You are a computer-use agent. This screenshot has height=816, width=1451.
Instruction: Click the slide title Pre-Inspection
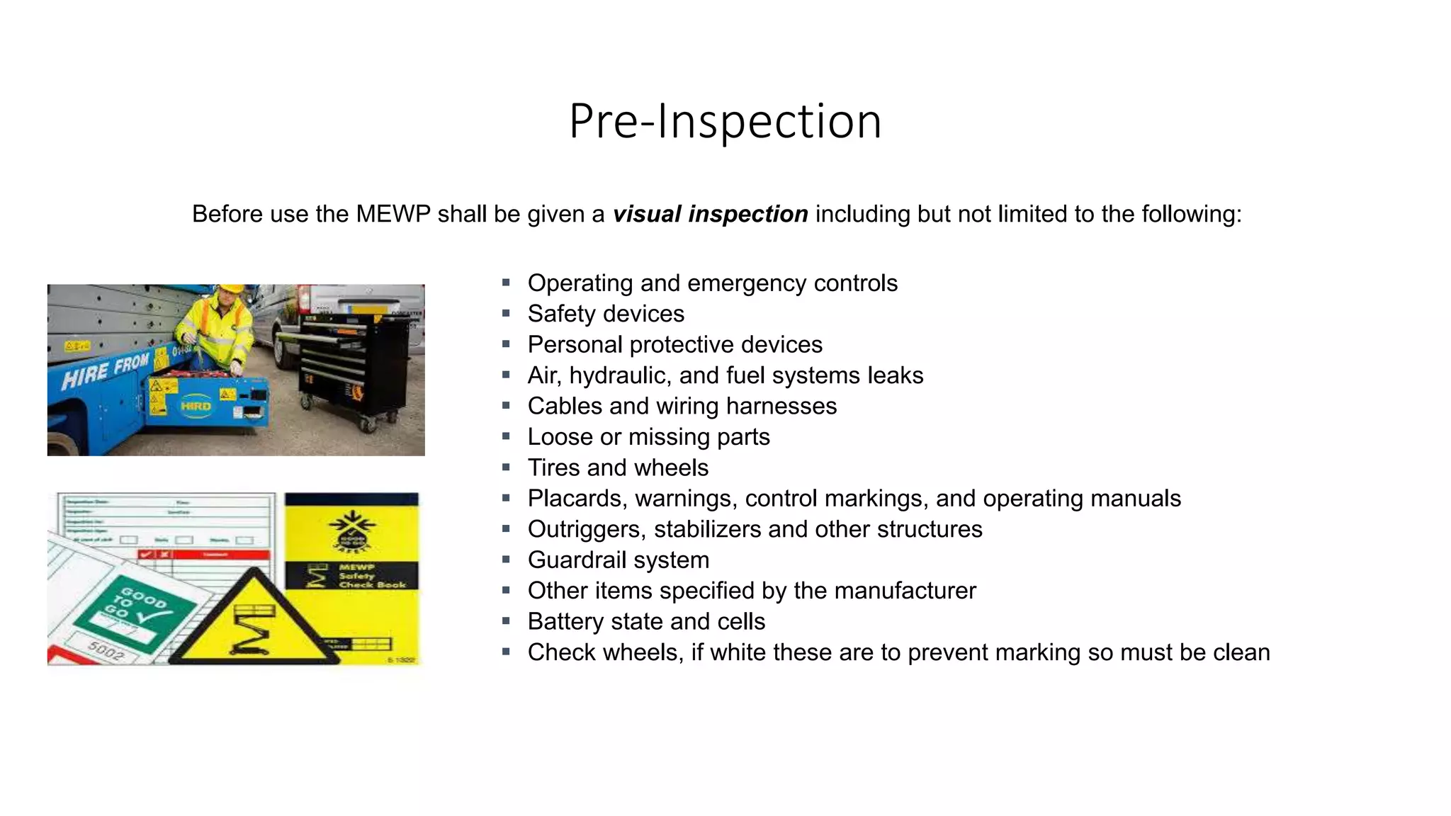pyautogui.click(x=725, y=121)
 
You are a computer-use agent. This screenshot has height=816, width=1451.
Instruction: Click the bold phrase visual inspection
pyautogui.click(x=710, y=214)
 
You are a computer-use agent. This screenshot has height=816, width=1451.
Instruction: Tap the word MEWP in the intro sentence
pyautogui.click(x=393, y=214)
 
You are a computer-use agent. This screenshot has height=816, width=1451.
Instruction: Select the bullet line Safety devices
pyautogui.click(x=606, y=314)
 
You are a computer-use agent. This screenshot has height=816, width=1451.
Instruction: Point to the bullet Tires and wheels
pyautogui.click(x=618, y=467)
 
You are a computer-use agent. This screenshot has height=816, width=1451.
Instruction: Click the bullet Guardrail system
pyautogui.click(x=618, y=560)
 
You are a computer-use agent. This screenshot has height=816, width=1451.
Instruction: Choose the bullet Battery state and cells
pyautogui.click(x=646, y=621)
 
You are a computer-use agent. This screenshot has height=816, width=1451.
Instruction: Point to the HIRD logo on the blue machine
pyautogui.click(x=196, y=406)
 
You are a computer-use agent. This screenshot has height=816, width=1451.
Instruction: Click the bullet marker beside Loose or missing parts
pyautogui.click(x=506, y=436)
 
